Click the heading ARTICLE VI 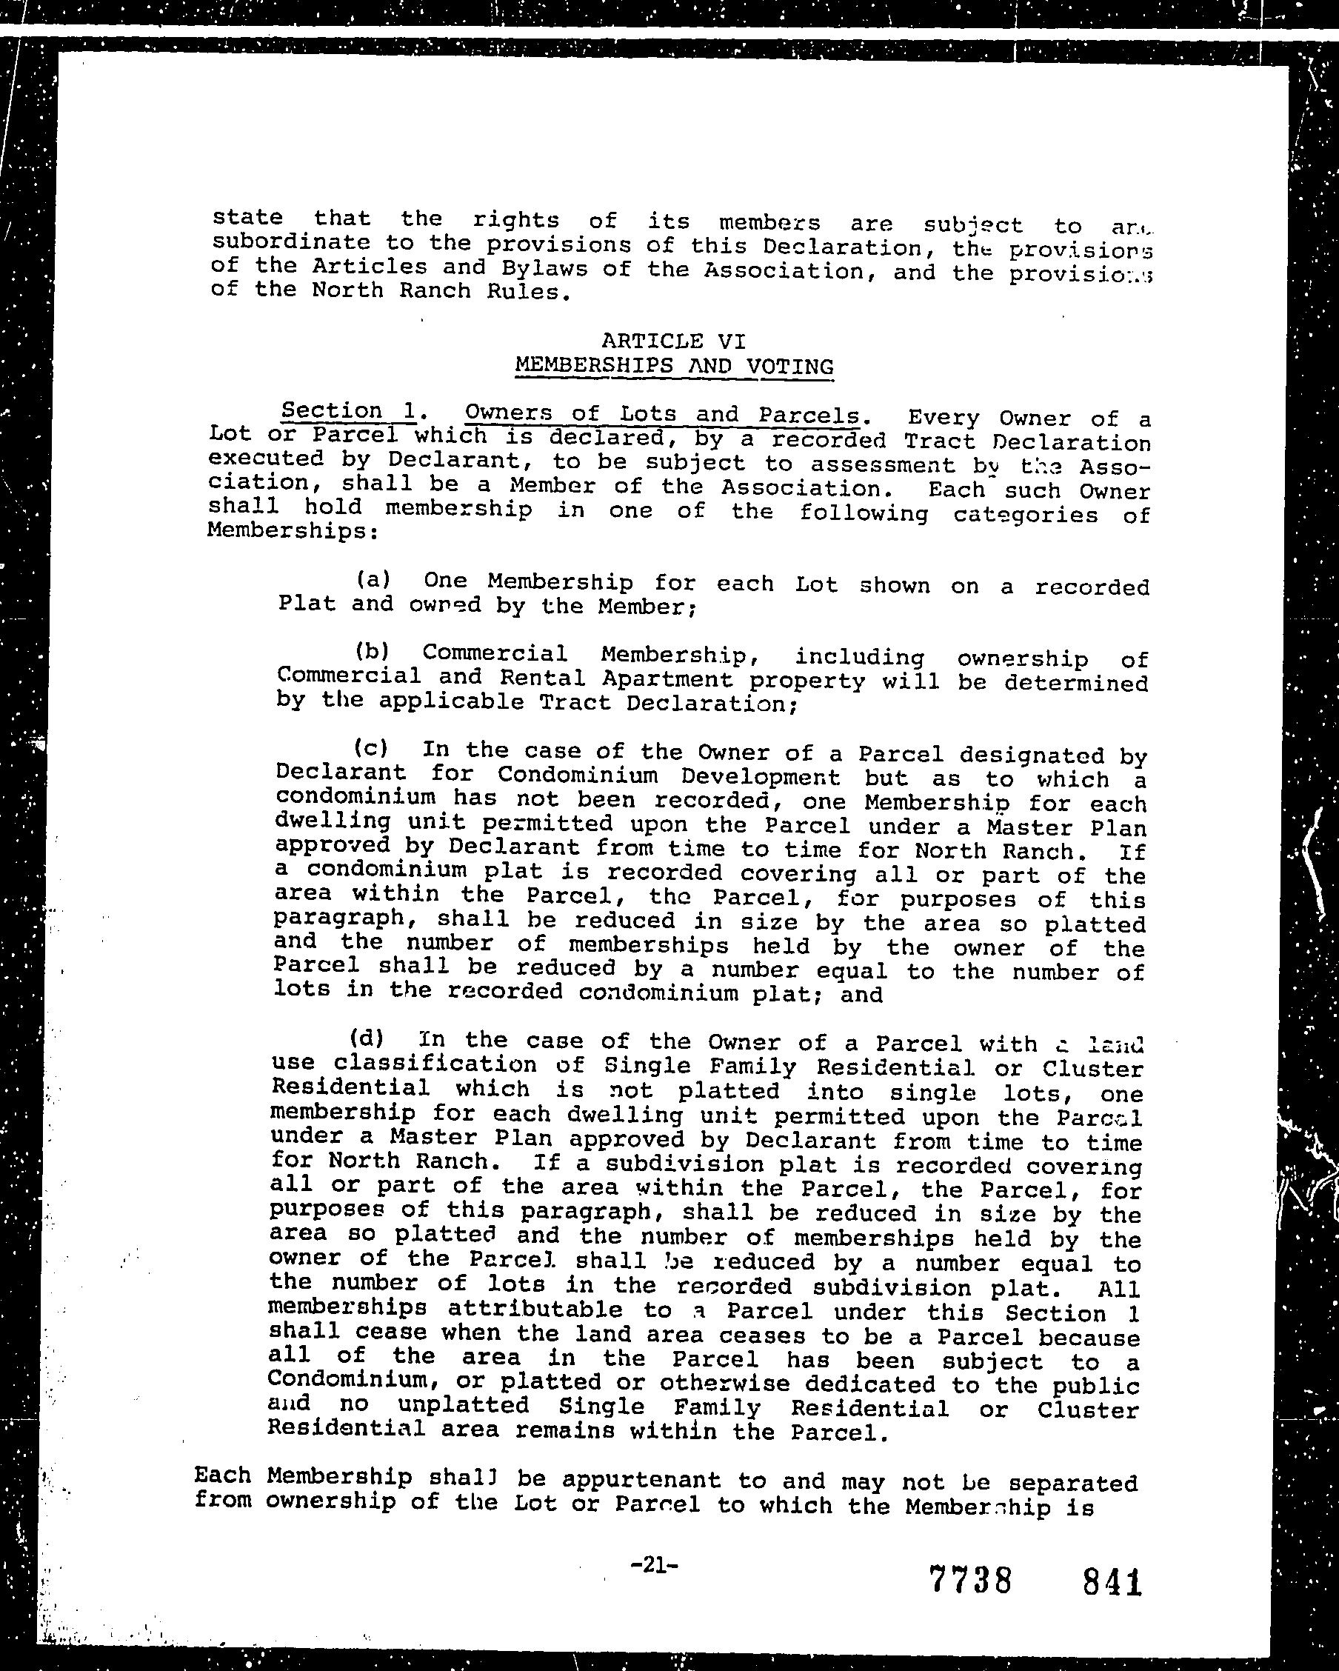(x=672, y=341)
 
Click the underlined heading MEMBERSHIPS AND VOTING (x=673, y=366)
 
